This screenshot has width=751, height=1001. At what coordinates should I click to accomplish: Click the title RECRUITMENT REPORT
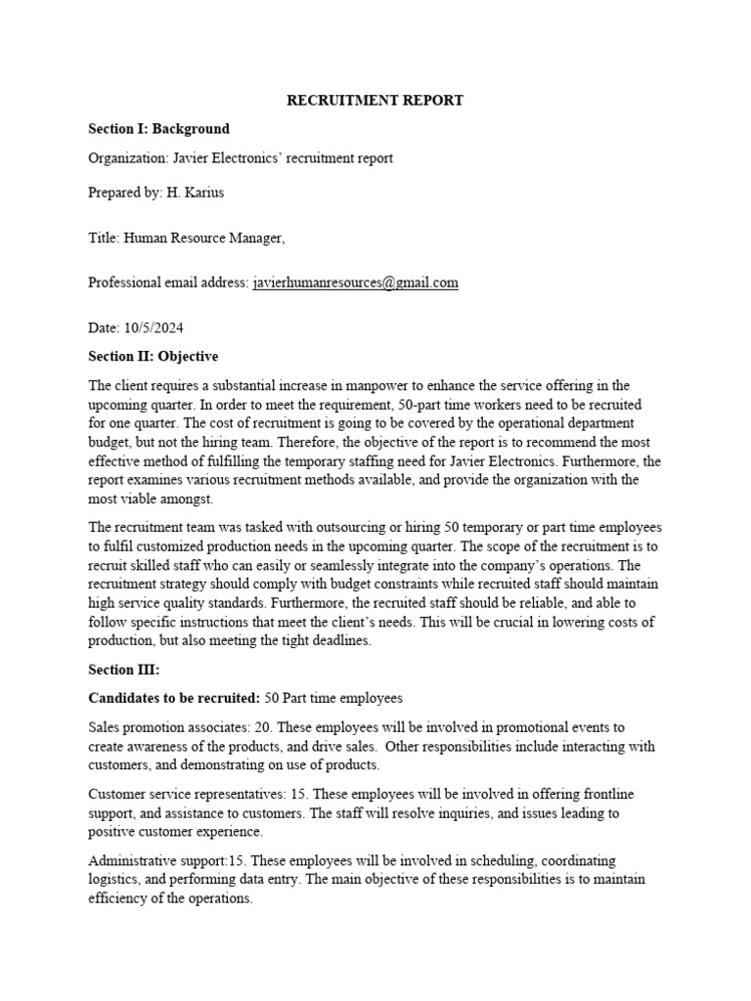click(x=375, y=100)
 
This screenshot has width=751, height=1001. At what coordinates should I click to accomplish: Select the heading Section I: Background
click(x=158, y=128)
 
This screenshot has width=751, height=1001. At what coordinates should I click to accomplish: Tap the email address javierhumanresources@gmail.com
click(x=355, y=283)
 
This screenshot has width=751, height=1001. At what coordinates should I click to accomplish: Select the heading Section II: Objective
click(x=153, y=356)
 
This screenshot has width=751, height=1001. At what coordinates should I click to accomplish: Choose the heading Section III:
click(x=123, y=671)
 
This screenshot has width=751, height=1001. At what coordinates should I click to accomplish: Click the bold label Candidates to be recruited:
click(x=173, y=699)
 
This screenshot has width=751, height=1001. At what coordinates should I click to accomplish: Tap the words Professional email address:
click(x=168, y=283)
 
